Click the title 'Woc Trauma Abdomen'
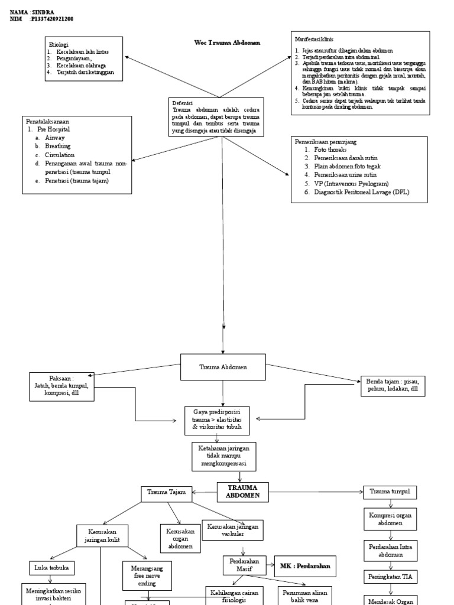click(227, 43)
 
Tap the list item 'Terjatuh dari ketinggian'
click(89, 72)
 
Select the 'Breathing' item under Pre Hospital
click(57, 146)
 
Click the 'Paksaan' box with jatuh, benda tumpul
click(61, 386)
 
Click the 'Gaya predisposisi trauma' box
click(217, 420)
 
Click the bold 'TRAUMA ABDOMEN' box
click(242, 491)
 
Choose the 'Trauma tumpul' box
click(390, 492)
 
